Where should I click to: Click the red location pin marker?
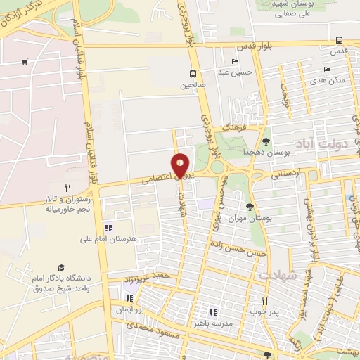(181, 165)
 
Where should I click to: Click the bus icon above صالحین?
(193, 74)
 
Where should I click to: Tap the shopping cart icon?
(25, 62)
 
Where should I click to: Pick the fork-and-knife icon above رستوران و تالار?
(67, 188)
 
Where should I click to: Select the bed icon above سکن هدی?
(326, 69)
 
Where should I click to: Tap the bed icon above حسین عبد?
(235, 61)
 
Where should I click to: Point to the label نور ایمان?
(129, 310)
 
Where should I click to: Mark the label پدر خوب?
(264, 310)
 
